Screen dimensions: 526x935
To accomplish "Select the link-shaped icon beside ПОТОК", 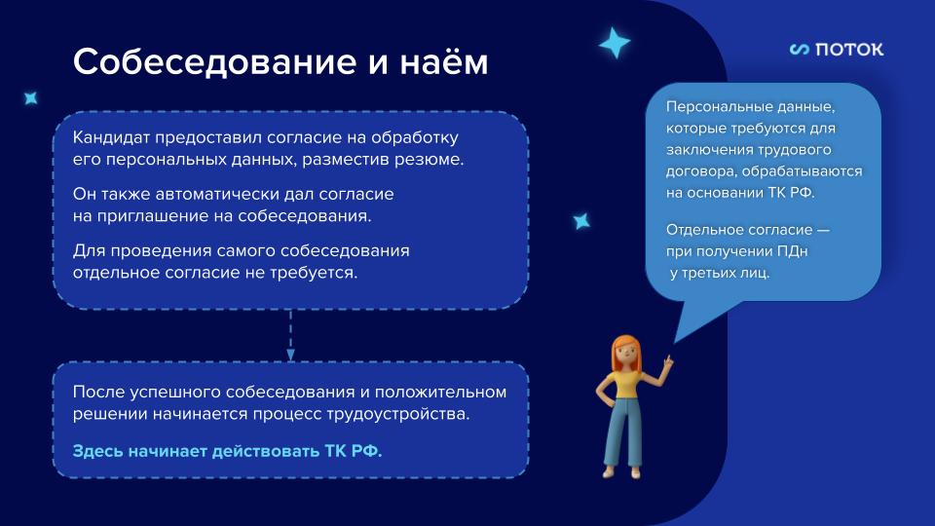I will point(800,49).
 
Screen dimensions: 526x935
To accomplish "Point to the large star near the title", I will point(614,42).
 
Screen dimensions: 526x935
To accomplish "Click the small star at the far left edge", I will point(30,97).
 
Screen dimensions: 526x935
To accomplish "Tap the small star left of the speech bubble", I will point(581,221).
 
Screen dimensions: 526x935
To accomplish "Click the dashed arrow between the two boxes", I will point(290,336).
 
